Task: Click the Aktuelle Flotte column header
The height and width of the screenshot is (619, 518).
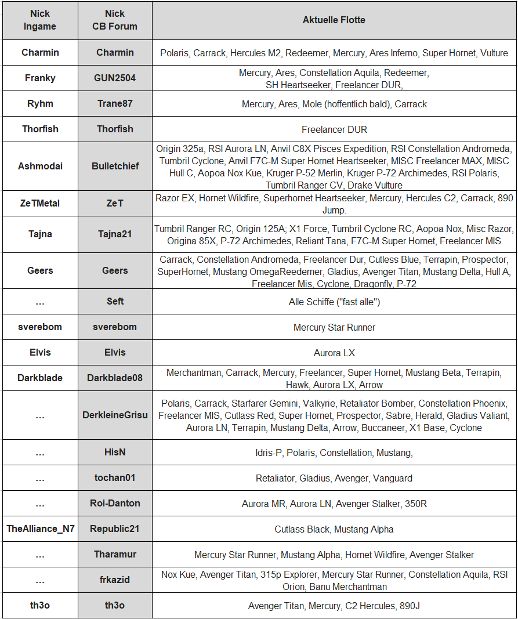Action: pyautogui.click(x=334, y=20)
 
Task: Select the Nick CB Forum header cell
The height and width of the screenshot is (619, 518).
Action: pyautogui.click(x=115, y=20)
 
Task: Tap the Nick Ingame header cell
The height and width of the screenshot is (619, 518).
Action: pyautogui.click(x=40, y=20)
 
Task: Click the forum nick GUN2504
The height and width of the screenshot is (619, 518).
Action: pyautogui.click(x=115, y=78)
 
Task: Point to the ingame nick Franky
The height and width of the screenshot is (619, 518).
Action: pyautogui.click(x=40, y=78)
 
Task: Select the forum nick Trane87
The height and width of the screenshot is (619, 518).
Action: pyautogui.click(x=115, y=104)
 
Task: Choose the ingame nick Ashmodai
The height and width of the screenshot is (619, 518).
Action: pyautogui.click(x=40, y=166)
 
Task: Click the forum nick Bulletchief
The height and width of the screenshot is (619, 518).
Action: pyautogui.click(x=115, y=166)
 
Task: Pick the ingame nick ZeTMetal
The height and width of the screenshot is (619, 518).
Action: pyautogui.click(x=40, y=204)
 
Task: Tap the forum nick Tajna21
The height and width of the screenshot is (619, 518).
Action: pyautogui.click(x=115, y=234)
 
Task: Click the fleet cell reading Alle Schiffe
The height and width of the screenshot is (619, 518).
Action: pyautogui.click(x=334, y=302)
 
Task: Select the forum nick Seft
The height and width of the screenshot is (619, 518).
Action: pyautogui.click(x=115, y=301)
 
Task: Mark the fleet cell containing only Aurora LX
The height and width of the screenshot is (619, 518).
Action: pyautogui.click(x=334, y=353)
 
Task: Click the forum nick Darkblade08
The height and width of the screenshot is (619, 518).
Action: pyautogui.click(x=115, y=378)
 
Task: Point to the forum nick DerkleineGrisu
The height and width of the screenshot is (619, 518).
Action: pyautogui.click(x=115, y=415)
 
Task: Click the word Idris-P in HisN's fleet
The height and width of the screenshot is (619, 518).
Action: pyautogui.click(x=268, y=453)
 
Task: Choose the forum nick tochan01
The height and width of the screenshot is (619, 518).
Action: pyautogui.click(x=115, y=477)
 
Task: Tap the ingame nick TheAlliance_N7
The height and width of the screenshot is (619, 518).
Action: pyautogui.click(x=40, y=528)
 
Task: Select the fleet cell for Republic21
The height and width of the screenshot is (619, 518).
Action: pyautogui.click(x=334, y=529)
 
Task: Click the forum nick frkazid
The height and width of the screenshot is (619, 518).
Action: pyautogui.click(x=115, y=580)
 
